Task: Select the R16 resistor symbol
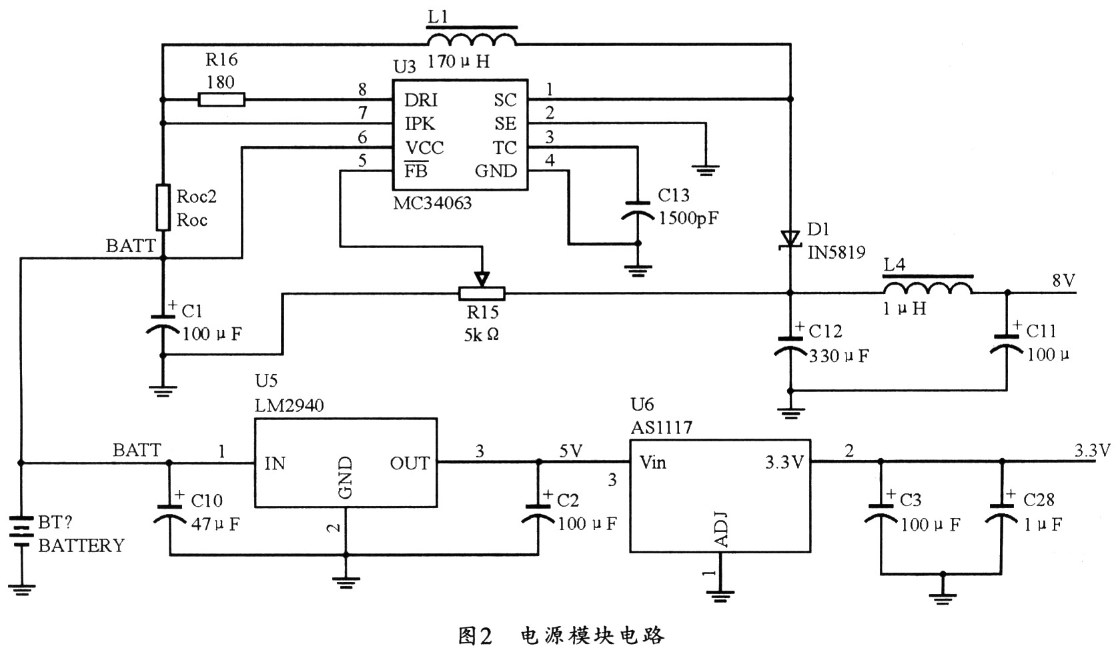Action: pyautogui.click(x=221, y=100)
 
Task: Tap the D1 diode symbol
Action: pyautogui.click(x=790, y=239)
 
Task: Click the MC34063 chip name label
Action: pyautogui.click(x=432, y=203)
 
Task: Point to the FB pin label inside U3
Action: pyautogui.click(x=416, y=171)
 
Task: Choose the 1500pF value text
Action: pyautogui.click(x=689, y=218)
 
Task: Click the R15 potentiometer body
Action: pyautogui.click(x=482, y=294)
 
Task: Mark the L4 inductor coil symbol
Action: pyautogui.click(x=928, y=285)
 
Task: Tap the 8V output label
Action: pyautogui.click(x=1063, y=281)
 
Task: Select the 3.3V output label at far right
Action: pyautogui.click(x=1093, y=451)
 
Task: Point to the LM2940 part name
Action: pyautogui.click(x=290, y=405)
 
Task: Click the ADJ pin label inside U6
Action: pyautogui.click(x=722, y=529)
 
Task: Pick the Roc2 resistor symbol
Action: pyautogui.click(x=163, y=207)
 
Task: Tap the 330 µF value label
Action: pyautogui.click(x=839, y=356)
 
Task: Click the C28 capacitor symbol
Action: pyautogui.click(x=1001, y=512)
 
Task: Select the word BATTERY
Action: pyautogui.click(x=81, y=545)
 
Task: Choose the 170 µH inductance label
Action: pyautogui.click(x=459, y=61)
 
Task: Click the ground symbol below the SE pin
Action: pyautogui.click(x=706, y=171)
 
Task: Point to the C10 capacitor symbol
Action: pyautogui.click(x=169, y=513)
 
